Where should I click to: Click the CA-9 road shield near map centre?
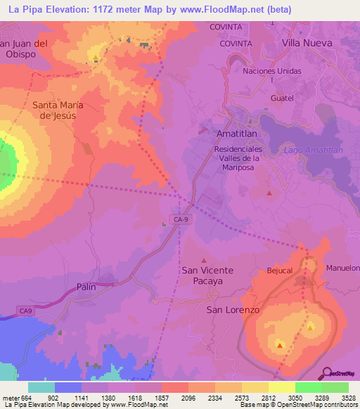click(181, 219)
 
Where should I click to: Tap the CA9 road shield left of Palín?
click(26, 310)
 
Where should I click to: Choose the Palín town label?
click(86, 287)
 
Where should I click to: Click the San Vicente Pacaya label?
click(207, 275)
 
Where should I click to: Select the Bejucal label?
click(279, 270)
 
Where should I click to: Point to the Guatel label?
click(281, 99)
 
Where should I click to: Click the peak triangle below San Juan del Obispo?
click(95, 57)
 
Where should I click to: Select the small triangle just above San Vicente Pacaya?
click(205, 259)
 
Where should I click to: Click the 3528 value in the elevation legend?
click(348, 398)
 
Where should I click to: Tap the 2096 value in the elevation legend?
click(188, 398)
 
